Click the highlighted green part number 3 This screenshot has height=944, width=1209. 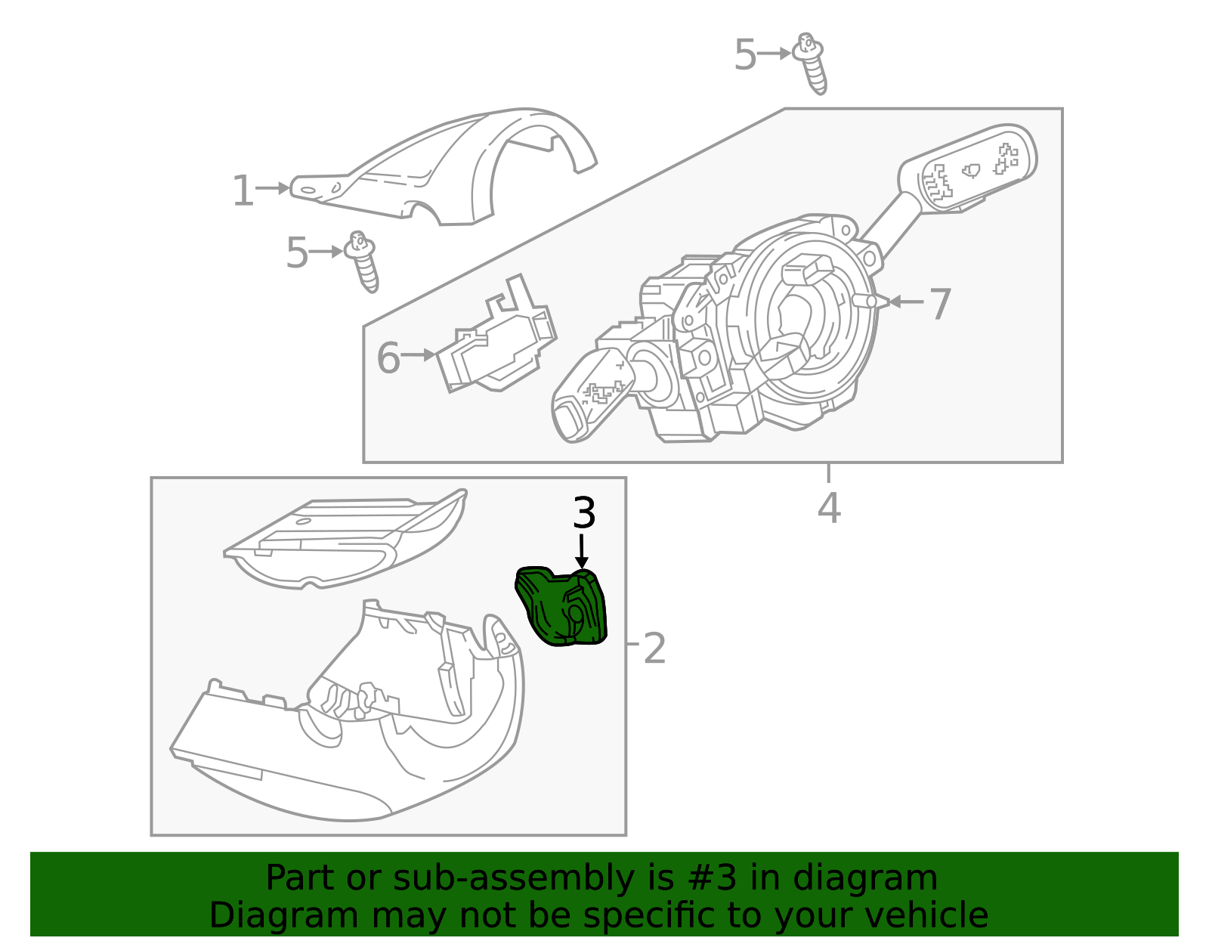click(x=563, y=608)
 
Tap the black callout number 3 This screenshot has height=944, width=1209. click(x=584, y=513)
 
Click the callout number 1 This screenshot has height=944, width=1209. click(x=243, y=190)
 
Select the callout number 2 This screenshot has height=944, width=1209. click(x=654, y=648)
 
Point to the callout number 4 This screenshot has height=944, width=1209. click(x=829, y=508)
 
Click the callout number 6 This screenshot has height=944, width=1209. click(x=388, y=357)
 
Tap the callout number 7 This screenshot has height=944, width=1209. click(x=939, y=304)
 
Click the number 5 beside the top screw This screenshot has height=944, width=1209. click(x=745, y=55)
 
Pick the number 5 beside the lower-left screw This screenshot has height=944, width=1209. click(x=297, y=253)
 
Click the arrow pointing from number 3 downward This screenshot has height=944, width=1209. click(x=581, y=551)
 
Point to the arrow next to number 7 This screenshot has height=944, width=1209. click(x=905, y=302)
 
